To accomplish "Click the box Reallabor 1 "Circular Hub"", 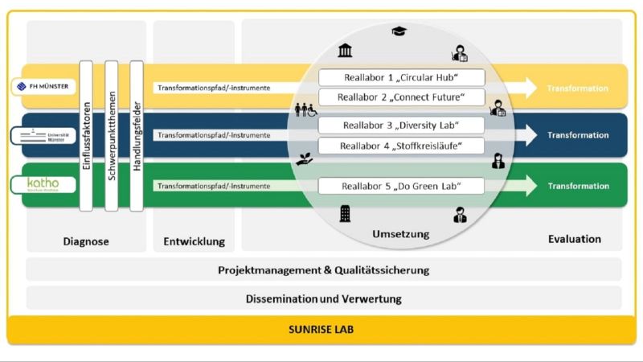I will coord(401,77).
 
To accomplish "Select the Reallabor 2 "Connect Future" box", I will coord(401,97).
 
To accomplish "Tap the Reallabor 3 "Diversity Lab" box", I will coord(401,125).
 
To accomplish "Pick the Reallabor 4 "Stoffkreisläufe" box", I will coord(401,146).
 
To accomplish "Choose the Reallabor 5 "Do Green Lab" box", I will coord(401,186).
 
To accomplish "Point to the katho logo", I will coord(45,185).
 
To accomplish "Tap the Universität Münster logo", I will coord(45,134).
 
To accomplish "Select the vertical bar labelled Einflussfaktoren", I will coord(86,135).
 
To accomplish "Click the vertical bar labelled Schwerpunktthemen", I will coord(112,135).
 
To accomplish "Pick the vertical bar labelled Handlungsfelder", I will coord(137,135).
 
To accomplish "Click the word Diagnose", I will coord(86,241).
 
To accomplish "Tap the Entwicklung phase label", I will coord(194,241).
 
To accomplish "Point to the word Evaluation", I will coord(574,238).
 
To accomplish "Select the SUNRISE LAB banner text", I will coord(321,330).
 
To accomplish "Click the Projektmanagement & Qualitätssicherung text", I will coord(323,269).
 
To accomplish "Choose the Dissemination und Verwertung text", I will coord(323,298).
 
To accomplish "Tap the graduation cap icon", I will coord(399,31).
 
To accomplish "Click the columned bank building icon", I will coord(345,51).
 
